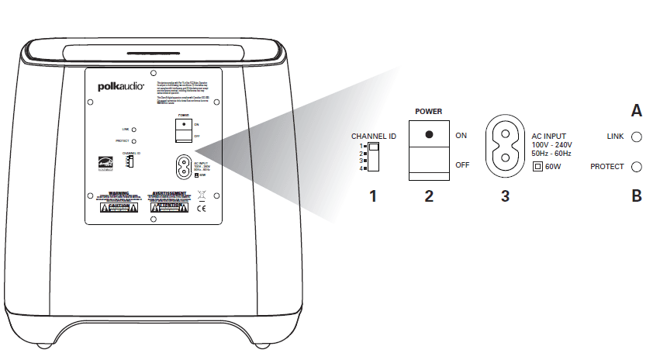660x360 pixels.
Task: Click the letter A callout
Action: tap(636, 111)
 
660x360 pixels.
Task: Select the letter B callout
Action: tap(636, 196)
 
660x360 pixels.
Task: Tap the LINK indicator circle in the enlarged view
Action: tap(636, 137)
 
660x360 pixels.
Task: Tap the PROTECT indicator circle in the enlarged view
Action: tap(636, 166)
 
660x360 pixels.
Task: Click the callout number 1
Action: tap(373, 196)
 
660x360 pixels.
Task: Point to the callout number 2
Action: tap(429, 196)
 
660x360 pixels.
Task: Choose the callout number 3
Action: tap(505, 196)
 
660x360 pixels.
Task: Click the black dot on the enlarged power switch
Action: tap(429, 134)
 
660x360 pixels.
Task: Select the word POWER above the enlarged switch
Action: tap(429, 112)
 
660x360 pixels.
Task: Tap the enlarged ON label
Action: tap(461, 136)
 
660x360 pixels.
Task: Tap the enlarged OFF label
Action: tap(462, 164)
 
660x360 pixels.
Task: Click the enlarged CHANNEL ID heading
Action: tap(374, 136)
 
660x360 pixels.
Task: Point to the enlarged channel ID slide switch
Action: tap(374, 156)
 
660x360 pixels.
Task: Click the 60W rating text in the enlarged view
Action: tap(554, 167)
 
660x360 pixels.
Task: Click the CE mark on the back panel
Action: tap(199, 208)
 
